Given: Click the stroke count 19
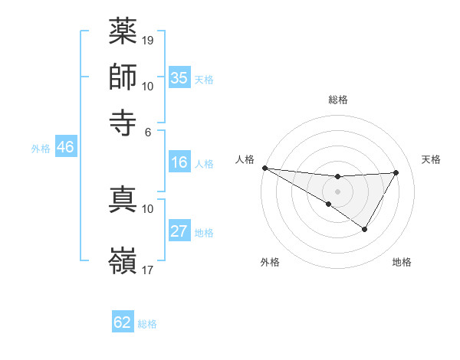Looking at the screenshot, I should coord(148,40).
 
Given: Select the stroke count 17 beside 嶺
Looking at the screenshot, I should coord(148,270).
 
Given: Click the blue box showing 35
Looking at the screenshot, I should coord(179,78).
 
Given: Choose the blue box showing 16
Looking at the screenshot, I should coord(179,162).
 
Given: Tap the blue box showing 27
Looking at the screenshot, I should coord(179,231).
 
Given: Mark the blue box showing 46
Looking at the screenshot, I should coord(65,148).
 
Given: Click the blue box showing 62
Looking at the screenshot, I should coord(123,322).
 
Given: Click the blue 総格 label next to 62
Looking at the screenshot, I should coord(148,324).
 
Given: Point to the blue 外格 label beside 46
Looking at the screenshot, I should coord(41,149).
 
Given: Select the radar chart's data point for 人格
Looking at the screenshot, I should coord(264,168).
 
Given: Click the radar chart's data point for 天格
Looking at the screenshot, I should coord(396,172).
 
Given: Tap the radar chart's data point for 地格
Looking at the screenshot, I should coord(365,229).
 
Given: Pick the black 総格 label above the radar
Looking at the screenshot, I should coord(337,100).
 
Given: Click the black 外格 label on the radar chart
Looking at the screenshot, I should coord(270,263).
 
